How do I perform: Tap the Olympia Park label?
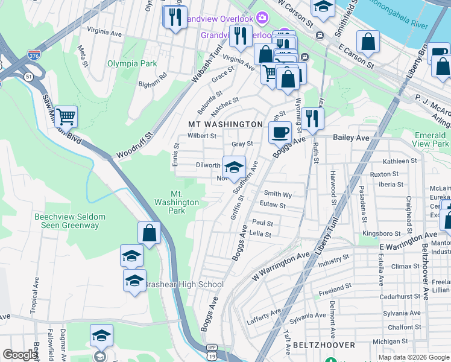point(132,63)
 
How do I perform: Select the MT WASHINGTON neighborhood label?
point(225,124)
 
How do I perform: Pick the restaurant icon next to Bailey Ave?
point(312,118)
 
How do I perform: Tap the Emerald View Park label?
point(431,139)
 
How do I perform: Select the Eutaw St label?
point(273,205)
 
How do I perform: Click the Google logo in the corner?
point(20,355)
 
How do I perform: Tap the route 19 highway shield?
point(212,357)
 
